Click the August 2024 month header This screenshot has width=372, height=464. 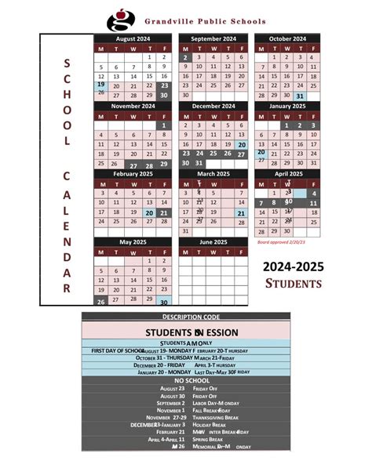pyautogui.click(x=132, y=38)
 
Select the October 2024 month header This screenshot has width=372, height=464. pyautogui.click(x=286, y=38)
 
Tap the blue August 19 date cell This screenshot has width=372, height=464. pyautogui.click(x=101, y=85)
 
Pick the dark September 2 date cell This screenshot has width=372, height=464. pyautogui.click(x=185, y=57)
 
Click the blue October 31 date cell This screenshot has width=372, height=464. pyautogui.click(x=301, y=96)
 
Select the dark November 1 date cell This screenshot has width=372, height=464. pyautogui.click(x=164, y=125)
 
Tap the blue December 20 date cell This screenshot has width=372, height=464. pyautogui.click(x=241, y=144)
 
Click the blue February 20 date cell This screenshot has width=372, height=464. pyautogui.click(x=148, y=212)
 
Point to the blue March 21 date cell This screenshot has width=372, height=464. pyautogui.click(x=241, y=212)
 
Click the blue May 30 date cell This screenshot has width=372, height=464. pyautogui.click(x=164, y=301)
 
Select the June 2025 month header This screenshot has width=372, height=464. pyautogui.click(x=213, y=242)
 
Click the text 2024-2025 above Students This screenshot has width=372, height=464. pyautogui.click(x=293, y=269)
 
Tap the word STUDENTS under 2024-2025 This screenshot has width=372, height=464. pyautogui.click(x=294, y=284)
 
